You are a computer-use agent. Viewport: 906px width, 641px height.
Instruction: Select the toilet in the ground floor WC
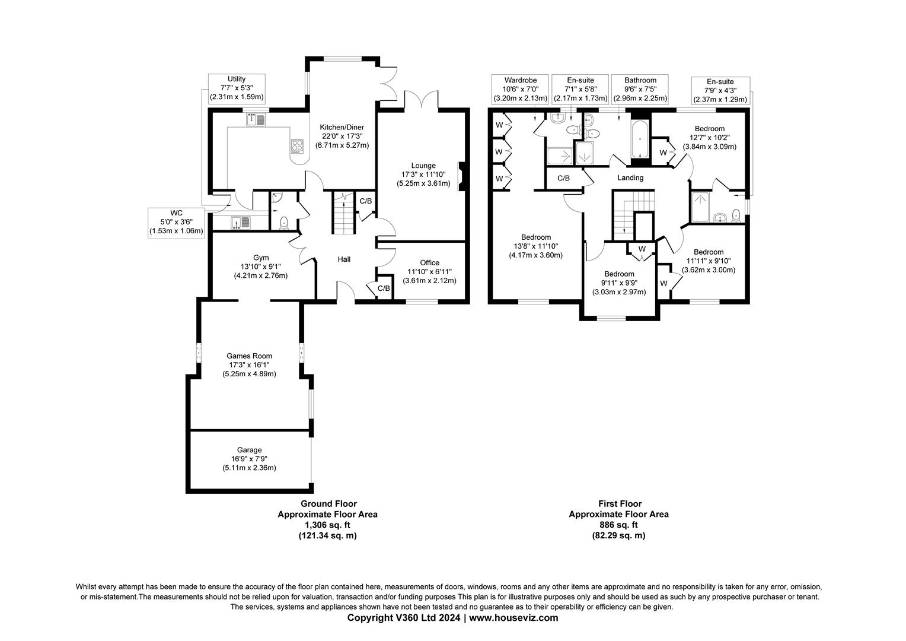tap(284, 222)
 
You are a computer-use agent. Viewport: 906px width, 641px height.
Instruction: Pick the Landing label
tap(630, 177)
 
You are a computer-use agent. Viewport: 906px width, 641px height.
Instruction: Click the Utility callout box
tap(237, 88)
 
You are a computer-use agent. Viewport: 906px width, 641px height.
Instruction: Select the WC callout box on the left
tap(176, 222)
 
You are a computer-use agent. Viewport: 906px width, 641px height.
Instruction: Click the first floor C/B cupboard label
tap(563, 178)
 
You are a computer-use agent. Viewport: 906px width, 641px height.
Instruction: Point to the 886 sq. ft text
tap(618, 525)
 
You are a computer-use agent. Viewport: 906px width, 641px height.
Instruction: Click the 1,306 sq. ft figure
tap(327, 525)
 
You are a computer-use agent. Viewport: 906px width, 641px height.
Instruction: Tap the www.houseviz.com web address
tap(513, 618)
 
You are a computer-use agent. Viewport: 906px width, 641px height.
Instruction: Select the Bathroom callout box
tap(640, 89)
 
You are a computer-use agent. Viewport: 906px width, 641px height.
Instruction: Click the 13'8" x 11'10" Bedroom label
tap(535, 246)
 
